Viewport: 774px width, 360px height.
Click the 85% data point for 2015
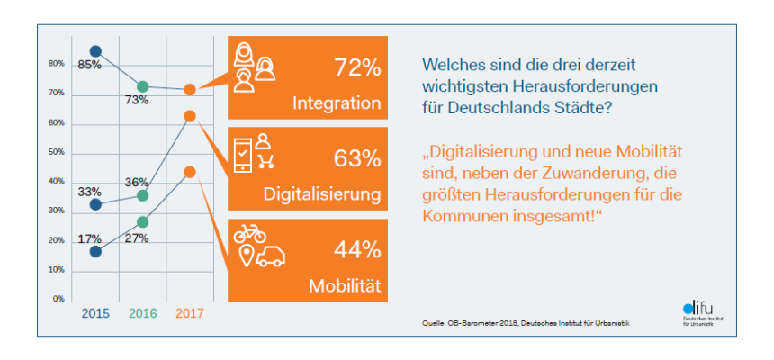click(x=95, y=51)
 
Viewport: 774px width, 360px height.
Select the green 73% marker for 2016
click(x=142, y=86)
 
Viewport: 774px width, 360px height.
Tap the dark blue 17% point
click(x=95, y=251)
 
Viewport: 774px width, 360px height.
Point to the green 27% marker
click(x=142, y=221)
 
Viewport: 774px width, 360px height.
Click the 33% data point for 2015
click(x=95, y=204)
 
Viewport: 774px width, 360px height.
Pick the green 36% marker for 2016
click(x=142, y=195)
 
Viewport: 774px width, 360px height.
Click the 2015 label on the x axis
click(x=95, y=313)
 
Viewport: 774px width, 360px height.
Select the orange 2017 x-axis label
click(x=189, y=313)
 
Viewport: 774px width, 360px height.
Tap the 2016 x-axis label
click(x=142, y=313)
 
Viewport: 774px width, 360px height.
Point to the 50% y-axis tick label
click(x=56, y=152)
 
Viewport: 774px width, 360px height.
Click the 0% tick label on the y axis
click(x=58, y=299)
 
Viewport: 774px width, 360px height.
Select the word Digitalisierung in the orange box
click(x=321, y=193)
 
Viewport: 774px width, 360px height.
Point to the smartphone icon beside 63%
click(x=243, y=154)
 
